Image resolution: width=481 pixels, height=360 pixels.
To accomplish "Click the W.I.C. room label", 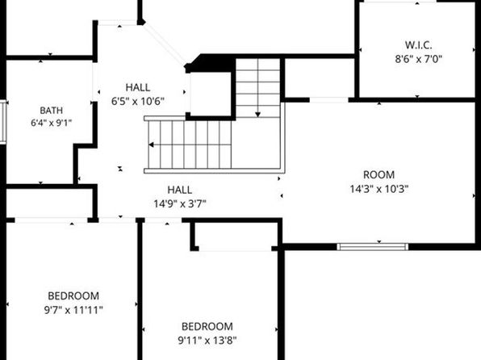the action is pyautogui.click(x=418, y=45).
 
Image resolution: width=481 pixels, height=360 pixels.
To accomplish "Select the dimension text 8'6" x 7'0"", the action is pyautogui.click(x=418, y=59).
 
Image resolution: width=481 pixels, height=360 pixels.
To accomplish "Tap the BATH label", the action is pyautogui.click(x=51, y=110).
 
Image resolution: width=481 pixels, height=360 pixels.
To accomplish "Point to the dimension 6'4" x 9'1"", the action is pyautogui.click(x=51, y=123).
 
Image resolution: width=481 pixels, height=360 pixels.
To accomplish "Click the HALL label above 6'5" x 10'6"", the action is pyautogui.click(x=138, y=87).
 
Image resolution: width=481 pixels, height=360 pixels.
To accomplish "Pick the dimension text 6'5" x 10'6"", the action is pyautogui.click(x=138, y=101).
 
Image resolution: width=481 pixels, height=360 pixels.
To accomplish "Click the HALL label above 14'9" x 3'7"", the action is pyautogui.click(x=180, y=190).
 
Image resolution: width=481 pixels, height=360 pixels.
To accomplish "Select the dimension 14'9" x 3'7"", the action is pyautogui.click(x=180, y=203).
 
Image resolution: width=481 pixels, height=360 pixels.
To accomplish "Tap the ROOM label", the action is pyautogui.click(x=379, y=175).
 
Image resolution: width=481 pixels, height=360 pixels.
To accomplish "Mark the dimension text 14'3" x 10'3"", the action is pyautogui.click(x=379, y=189).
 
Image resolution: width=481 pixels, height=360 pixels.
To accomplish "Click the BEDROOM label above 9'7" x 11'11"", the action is pyautogui.click(x=73, y=296).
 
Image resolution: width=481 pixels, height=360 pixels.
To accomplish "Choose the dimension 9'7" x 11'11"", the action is pyautogui.click(x=73, y=310).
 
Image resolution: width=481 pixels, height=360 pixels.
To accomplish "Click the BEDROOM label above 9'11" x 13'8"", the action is pyautogui.click(x=207, y=327).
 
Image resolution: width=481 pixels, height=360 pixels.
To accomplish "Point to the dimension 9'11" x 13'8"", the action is pyautogui.click(x=207, y=341).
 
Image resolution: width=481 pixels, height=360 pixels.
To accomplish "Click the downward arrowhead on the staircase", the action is pyautogui.click(x=258, y=115).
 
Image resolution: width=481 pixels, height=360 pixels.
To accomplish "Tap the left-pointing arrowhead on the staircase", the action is pyautogui.click(x=151, y=144).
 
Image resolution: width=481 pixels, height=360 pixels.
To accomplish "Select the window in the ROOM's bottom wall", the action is pyautogui.click(x=373, y=247).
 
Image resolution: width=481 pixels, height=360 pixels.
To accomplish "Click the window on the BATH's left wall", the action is pyautogui.click(x=3, y=122).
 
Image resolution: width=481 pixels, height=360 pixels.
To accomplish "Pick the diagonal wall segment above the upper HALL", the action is pyautogui.click(x=164, y=44).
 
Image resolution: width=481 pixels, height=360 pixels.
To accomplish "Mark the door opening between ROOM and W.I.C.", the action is pyautogui.click(x=328, y=100).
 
